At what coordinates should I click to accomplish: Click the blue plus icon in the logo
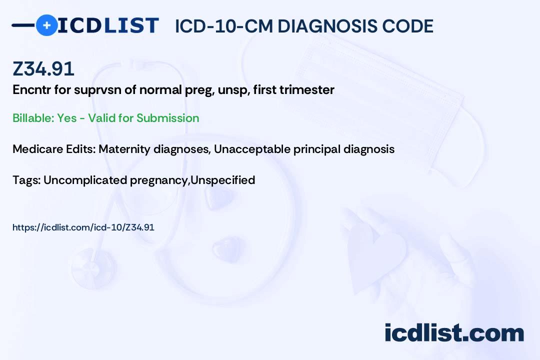coord(46,25)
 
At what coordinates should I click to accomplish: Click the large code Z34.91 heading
coord(43,68)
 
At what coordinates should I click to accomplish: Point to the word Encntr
coord(31,90)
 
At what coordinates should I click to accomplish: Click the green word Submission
coord(167,118)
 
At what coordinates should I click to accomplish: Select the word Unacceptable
coord(252,149)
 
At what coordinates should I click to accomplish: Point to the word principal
coord(317,149)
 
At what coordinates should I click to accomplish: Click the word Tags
coord(26,180)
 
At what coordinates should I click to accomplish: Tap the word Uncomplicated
coord(85,180)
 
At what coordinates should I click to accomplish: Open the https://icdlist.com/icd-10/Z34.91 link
coord(83,227)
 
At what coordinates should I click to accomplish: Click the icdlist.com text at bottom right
coord(454,332)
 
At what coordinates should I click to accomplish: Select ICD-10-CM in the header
coord(224,26)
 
